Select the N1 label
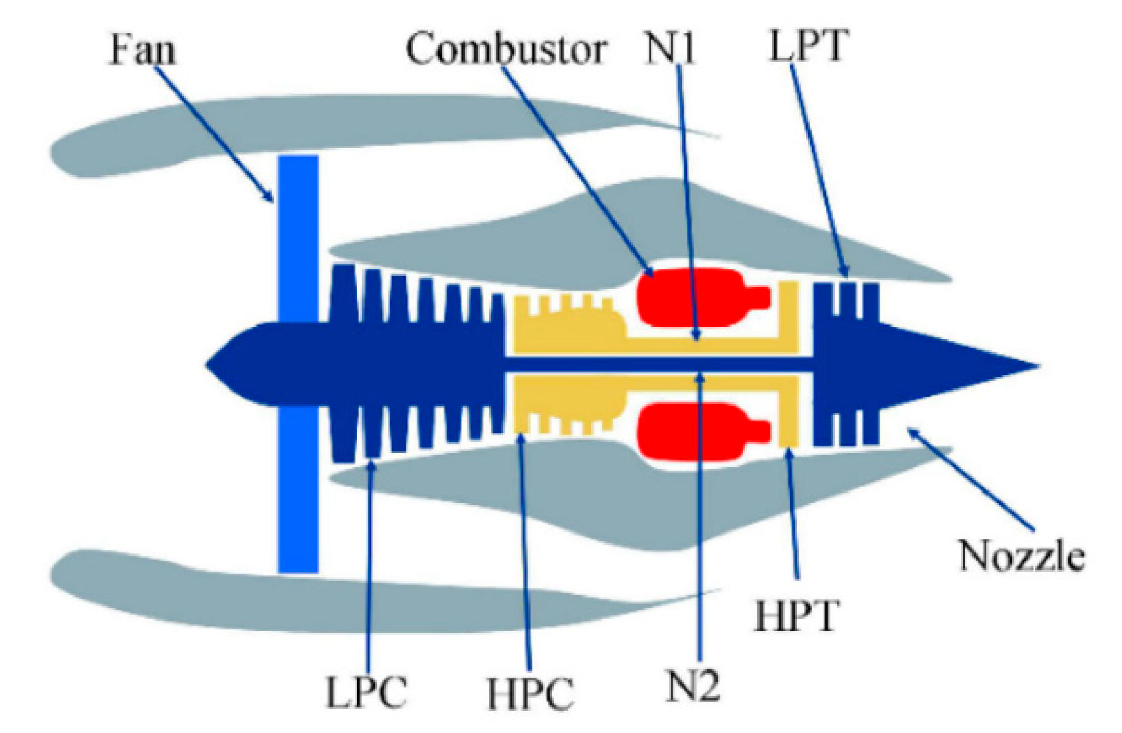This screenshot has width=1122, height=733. [x=669, y=48]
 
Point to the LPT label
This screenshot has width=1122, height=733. [x=808, y=46]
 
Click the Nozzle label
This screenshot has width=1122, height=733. [x=1021, y=556]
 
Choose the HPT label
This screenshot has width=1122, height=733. [x=796, y=616]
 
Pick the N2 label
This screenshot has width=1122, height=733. [x=692, y=686]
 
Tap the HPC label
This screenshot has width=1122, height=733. [x=531, y=692]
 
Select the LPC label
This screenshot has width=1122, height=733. [x=367, y=692]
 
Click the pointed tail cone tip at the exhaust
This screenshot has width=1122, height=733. [x=1033, y=366]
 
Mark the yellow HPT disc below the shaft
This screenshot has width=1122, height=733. [x=788, y=413]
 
